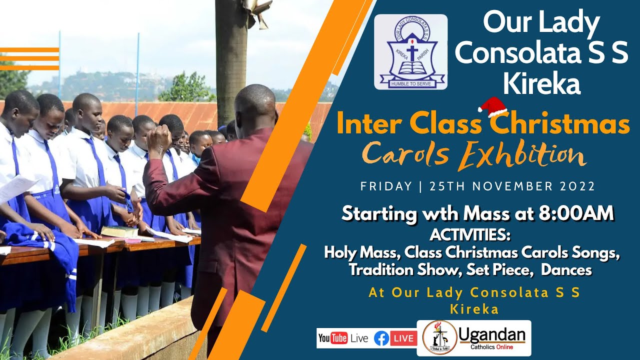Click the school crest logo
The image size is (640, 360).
click(410, 51)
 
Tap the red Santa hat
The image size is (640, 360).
click(492, 106)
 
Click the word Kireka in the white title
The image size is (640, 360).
click(541, 84)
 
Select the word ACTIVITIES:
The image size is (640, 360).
click(470, 234)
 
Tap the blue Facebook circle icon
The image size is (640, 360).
click(381, 338)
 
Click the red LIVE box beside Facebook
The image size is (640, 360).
click(403, 338)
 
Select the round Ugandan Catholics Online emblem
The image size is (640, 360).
click(439, 338)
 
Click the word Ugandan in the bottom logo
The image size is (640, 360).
click(492, 334)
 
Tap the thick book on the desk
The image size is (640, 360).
click(119, 231)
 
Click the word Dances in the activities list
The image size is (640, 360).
click(566, 269)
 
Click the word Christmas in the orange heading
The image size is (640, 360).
click(560, 125)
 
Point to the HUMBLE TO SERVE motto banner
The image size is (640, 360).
click(411, 83)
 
